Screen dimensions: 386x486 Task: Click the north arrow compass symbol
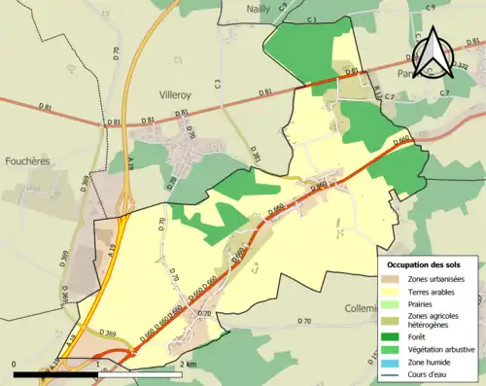[x=435, y=53]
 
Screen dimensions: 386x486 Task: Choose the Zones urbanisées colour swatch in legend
[x=394, y=279]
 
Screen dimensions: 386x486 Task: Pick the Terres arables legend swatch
[x=394, y=291]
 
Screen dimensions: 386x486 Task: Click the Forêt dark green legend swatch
[x=394, y=336]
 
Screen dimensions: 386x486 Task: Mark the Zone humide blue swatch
[x=394, y=360]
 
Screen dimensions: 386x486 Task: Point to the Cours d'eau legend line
[x=394, y=371]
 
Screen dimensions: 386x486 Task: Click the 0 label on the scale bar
[x=15, y=365]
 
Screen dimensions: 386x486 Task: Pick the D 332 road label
[x=459, y=64]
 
